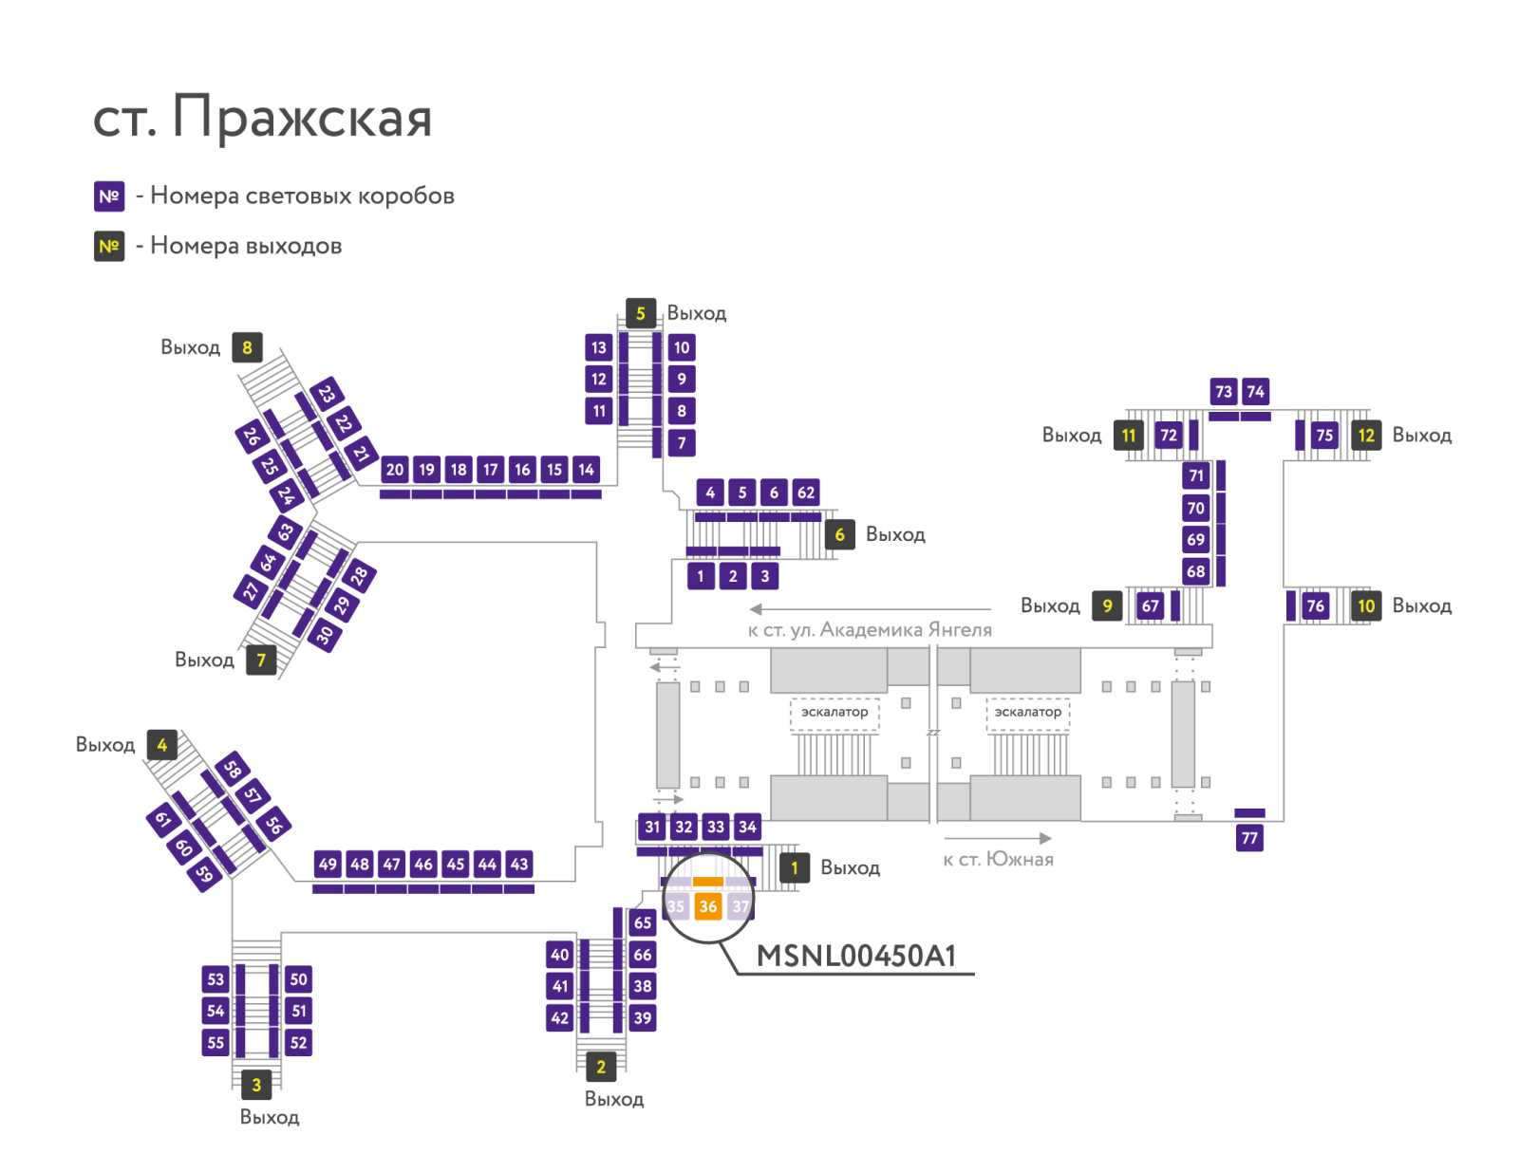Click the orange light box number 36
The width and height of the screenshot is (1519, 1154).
click(707, 905)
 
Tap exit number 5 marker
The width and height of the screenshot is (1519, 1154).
click(640, 313)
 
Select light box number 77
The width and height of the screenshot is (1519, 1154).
click(1249, 838)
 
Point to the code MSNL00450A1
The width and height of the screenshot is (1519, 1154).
click(856, 956)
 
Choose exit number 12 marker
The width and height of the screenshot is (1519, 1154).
click(1366, 435)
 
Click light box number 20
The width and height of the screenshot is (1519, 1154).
click(394, 470)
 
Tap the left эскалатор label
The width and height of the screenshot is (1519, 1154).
click(835, 712)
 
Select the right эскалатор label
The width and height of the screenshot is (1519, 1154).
click(1027, 712)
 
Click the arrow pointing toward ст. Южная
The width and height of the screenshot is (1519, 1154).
click(998, 838)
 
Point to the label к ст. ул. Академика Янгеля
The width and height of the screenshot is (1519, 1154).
click(870, 630)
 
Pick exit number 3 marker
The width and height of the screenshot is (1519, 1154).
click(256, 1085)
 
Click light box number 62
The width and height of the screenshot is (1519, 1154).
click(805, 493)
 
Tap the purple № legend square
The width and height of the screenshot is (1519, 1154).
click(109, 196)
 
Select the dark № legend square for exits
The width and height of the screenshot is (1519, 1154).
click(109, 246)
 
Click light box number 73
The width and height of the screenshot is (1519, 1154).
click(1224, 391)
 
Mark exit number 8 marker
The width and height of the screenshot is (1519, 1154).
click(247, 347)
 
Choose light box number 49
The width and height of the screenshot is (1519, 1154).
click(328, 864)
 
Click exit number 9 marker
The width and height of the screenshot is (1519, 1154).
click(1107, 605)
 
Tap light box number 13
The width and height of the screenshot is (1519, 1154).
click(599, 347)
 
